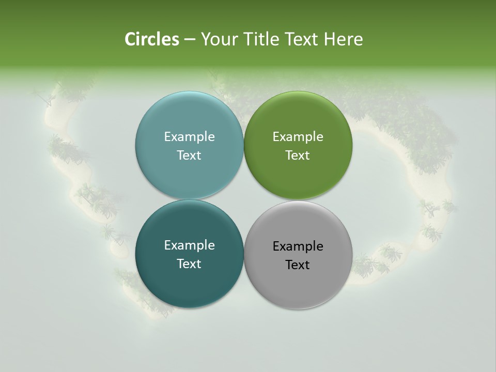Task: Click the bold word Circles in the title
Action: click(152, 39)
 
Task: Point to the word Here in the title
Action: click(343, 39)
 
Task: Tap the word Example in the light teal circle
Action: click(189, 136)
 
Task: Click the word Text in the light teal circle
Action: click(189, 155)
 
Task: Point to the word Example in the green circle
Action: click(298, 136)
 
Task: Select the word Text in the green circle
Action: click(298, 155)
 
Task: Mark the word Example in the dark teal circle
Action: click(189, 245)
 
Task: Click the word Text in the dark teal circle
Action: click(189, 263)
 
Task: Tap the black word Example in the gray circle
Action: click(298, 246)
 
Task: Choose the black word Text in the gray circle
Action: click(298, 265)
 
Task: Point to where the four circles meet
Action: click(244, 199)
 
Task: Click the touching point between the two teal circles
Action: click(189, 199)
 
